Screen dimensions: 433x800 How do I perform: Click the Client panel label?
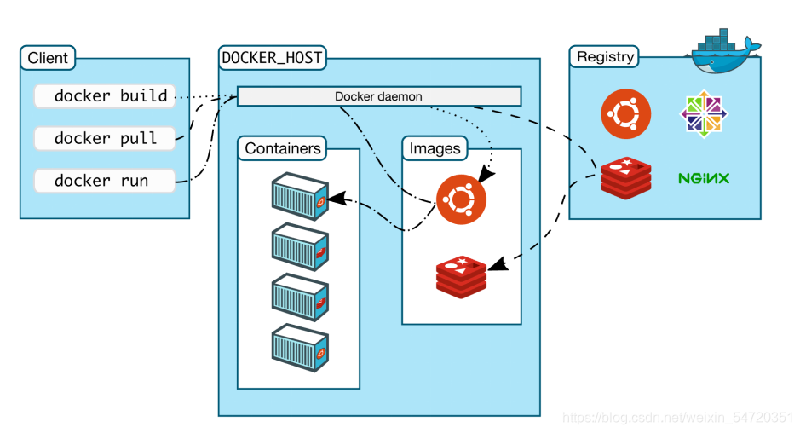[48, 59]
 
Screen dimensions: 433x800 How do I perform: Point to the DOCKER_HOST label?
[272, 59]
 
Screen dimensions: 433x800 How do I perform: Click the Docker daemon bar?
[378, 96]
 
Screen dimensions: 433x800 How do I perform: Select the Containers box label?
[283, 148]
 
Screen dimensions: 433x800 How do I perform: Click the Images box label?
[435, 148]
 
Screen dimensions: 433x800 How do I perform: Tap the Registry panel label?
[605, 57]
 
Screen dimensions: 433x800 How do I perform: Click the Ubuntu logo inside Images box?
[461, 199]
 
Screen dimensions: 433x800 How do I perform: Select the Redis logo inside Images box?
[461, 275]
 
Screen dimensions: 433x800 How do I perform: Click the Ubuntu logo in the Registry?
[626, 114]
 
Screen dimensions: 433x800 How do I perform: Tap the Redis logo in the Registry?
[625, 177]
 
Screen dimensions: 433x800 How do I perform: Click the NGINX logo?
[703, 179]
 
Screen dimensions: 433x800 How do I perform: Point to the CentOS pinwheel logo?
[704, 114]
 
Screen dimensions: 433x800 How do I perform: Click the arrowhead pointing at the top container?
[334, 198]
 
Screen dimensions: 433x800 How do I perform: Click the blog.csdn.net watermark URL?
[679, 418]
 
